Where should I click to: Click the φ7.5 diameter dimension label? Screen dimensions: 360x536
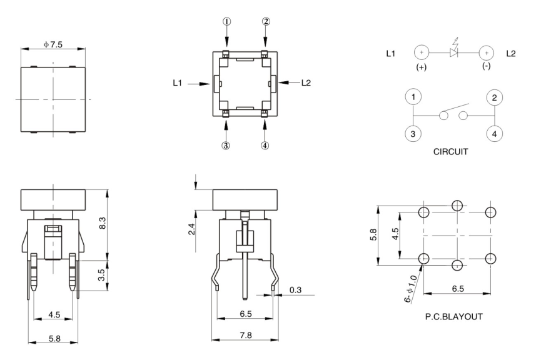(53, 44)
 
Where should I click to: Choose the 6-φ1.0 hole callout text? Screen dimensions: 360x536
(412, 289)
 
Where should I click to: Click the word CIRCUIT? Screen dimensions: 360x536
(453, 152)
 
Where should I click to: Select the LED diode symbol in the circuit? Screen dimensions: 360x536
(455, 53)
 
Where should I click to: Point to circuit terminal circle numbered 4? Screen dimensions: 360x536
(494, 134)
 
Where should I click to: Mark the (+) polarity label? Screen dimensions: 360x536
(420, 67)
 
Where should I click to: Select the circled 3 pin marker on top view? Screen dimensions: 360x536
(226, 145)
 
